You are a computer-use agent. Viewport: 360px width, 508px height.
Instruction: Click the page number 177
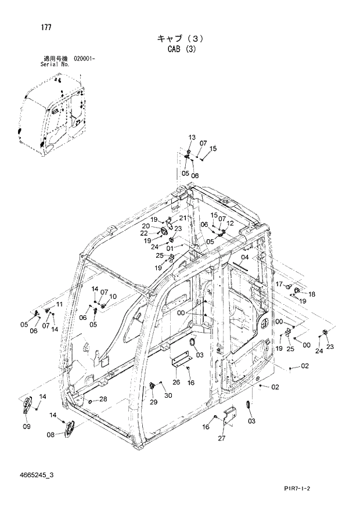click(46, 27)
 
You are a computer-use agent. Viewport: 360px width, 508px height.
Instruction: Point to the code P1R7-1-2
click(318, 489)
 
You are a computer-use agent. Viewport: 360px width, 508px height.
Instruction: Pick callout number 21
click(183, 218)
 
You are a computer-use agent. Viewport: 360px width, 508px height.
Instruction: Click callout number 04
click(245, 257)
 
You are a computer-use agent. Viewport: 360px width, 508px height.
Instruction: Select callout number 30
click(168, 395)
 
